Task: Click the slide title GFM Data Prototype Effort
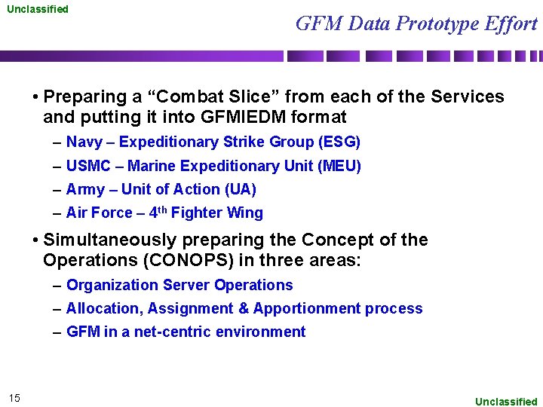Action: click(416, 24)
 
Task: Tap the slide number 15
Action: click(15, 398)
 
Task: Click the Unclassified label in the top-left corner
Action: click(38, 9)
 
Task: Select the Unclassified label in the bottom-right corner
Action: click(506, 402)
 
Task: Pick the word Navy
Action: click(84, 142)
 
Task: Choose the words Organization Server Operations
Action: click(179, 285)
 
